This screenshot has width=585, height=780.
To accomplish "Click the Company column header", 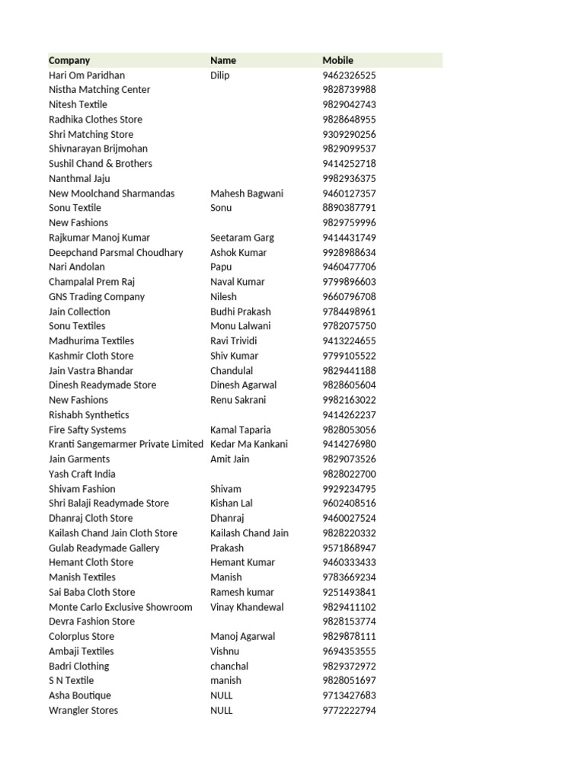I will [69, 60].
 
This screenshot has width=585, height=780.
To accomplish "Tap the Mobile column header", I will [338, 60].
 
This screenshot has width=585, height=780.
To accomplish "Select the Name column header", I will [223, 60].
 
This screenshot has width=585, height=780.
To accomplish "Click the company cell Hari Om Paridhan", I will [87, 75].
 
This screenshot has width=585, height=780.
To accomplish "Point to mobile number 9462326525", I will [349, 75].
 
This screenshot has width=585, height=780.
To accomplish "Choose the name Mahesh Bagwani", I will [246, 193].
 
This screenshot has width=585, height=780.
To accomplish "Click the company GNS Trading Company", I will [97, 297].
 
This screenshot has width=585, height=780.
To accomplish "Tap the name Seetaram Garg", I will [242, 238].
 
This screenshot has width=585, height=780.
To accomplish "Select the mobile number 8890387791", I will [349, 208].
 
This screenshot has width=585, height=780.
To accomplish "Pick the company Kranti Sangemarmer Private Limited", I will [126, 444].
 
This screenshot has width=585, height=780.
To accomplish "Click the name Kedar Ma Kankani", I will [249, 444].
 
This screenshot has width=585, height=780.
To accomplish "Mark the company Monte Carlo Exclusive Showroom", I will [120, 607].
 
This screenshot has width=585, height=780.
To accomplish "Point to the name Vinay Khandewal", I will [247, 607].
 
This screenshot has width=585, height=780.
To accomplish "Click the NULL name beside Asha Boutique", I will [222, 695].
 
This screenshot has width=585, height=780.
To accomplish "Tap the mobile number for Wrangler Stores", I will [349, 711].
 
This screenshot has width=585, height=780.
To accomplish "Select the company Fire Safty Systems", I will [88, 430].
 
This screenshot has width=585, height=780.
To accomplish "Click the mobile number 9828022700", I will [349, 474].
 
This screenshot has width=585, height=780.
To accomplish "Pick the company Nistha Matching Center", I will [100, 90].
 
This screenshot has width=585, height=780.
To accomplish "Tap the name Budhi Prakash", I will [241, 312].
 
